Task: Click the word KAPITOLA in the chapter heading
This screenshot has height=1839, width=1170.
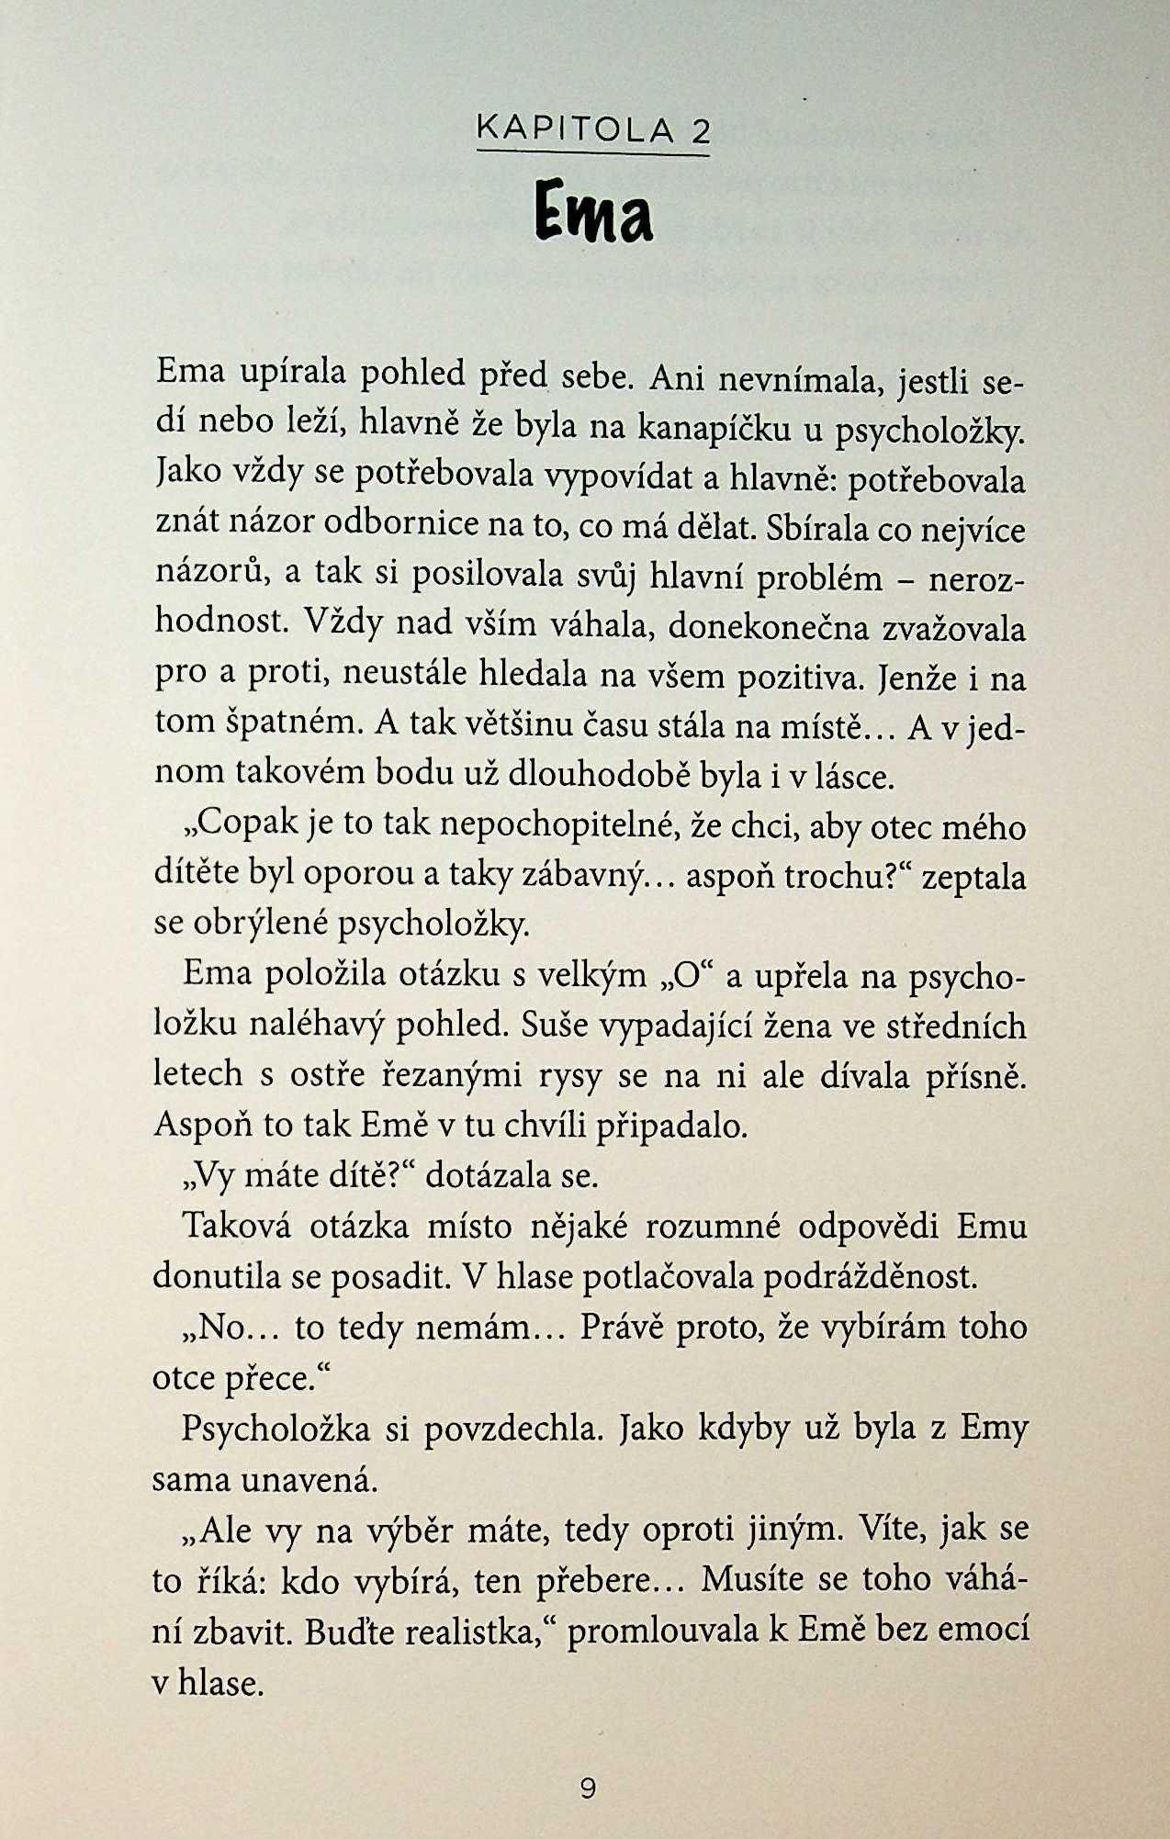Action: point(575,131)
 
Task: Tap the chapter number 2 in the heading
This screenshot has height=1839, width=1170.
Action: point(701,131)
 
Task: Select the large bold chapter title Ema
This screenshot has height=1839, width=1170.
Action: point(594,213)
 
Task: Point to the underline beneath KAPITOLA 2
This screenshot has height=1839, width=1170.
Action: point(593,154)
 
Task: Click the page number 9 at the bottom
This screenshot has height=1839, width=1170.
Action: point(589,1788)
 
